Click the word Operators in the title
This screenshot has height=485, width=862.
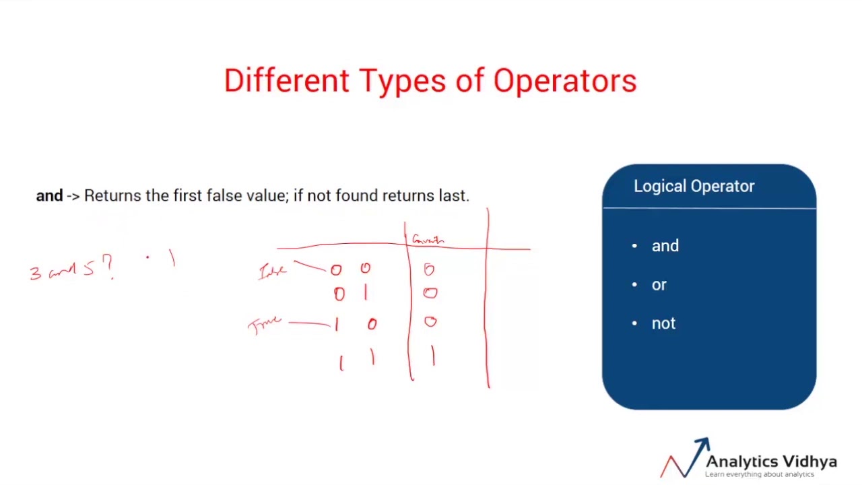click(x=565, y=81)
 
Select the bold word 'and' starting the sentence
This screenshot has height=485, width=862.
click(x=49, y=196)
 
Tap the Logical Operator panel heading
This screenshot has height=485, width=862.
click(x=694, y=187)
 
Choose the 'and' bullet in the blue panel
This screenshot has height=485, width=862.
click(x=665, y=247)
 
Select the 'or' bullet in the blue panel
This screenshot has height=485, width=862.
click(x=659, y=285)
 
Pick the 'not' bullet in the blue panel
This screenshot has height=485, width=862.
click(x=663, y=324)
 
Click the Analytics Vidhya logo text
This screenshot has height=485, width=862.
click(x=771, y=461)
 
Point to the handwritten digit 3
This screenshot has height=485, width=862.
click(x=35, y=273)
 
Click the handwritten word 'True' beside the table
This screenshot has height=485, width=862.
click(x=264, y=325)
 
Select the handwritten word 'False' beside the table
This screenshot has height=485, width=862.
click(x=273, y=271)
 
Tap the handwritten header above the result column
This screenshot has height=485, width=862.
click(x=428, y=239)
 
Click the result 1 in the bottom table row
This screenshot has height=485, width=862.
click(x=433, y=356)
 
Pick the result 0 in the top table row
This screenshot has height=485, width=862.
click(x=429, y=270)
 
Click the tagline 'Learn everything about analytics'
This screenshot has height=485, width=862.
click(x=760, y=475)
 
